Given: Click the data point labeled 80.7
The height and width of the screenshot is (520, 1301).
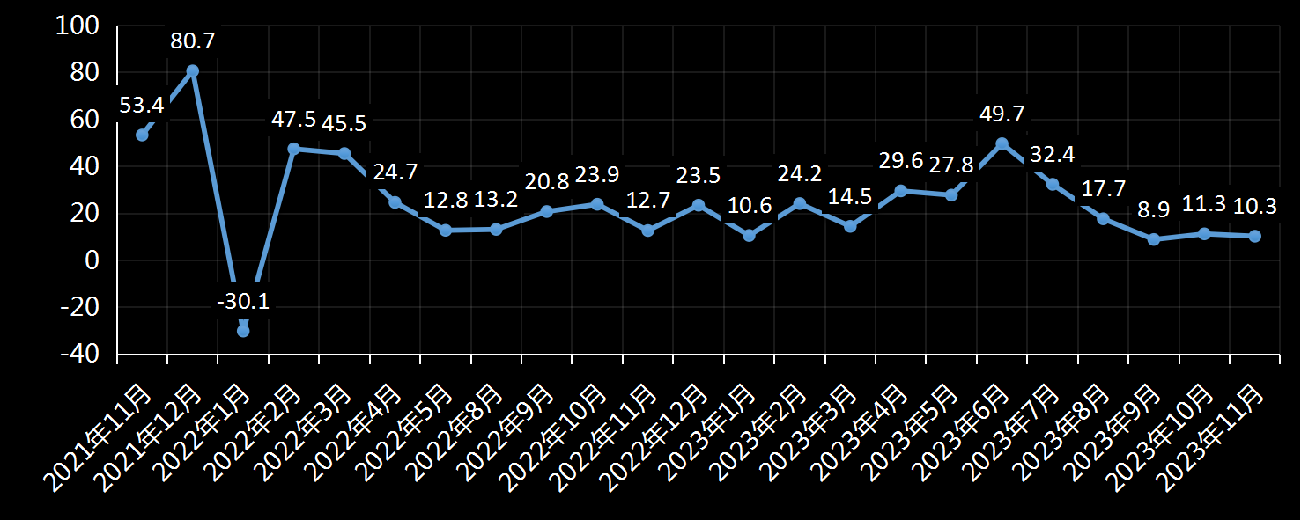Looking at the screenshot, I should (x=192, y=70).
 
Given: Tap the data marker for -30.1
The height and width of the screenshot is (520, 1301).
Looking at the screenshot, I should (x=243, y=331).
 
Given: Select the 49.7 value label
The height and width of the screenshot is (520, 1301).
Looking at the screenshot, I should (x=1002, y=114).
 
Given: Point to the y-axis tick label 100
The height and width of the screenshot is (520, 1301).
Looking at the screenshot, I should (x=77, y=26).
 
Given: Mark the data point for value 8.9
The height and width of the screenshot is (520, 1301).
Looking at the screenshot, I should (x=1154, y=239).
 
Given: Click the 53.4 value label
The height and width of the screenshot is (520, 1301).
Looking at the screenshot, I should (x=141, y=106).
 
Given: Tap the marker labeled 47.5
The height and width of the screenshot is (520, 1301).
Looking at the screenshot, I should (x=293, y=149).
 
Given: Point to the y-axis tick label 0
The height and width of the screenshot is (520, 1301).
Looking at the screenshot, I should (x=92, y=260).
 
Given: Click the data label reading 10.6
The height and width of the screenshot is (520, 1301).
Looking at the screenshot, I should (x=749, y=206).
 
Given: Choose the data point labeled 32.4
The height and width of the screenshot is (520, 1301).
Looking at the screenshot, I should (x=1053, y=184).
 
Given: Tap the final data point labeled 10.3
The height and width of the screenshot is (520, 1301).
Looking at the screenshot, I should (x=1255, y=236).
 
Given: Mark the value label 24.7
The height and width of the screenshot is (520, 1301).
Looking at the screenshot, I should (x=395, y=172).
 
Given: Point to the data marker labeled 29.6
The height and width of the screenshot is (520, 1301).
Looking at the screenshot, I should (x=900, y=190).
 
